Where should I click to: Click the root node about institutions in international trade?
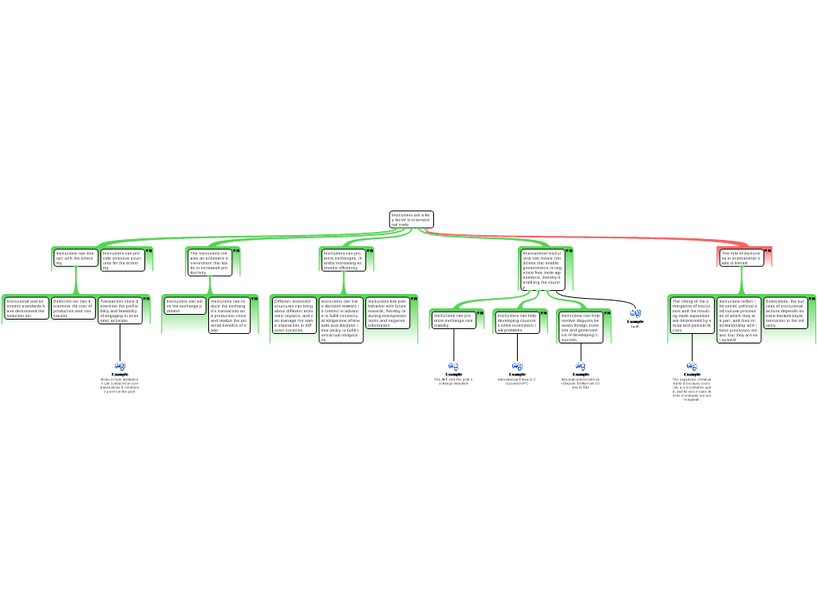pyautogui.click(x=411, y=219)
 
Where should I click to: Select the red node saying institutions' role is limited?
pyautogui.click(x=741, y=257)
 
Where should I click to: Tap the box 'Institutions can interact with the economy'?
pyautogui.click(x=76, y=257)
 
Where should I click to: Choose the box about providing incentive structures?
pyautogui.click(x=123, y=260)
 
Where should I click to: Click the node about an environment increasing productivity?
pyautogui.click(x=210, y=262)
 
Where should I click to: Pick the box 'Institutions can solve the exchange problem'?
pyautogui.click(x=185, y=305)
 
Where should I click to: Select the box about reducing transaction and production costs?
pyautogui.click(x=230, y=315)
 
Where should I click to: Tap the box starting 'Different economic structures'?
pyautogui.click(x=294, y=316)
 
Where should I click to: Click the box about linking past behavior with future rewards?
pyautogui.click(x=388, y=313)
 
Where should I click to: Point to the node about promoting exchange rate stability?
pyautogui.click(x=453, y=320)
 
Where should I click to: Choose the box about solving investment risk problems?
pyautogui.click(x=517, y=322)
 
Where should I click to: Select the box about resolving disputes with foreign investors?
pyautogui.click(x=580, y=327)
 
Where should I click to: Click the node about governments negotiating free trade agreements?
pyautogui.click(x=543, y=269)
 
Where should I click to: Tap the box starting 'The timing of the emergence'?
pyautogui.click(x=691, y=316)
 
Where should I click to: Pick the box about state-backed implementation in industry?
pyautogui.click(x=786, y=313)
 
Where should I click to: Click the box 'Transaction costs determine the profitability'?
pyautogui.click(x=120, y=310)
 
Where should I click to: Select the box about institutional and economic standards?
pyautogui.click(x=26, y=308)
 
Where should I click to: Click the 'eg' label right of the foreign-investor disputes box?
pyautogui.click(x=635, y=312)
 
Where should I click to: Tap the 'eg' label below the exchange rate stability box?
pyautogui.click(x=454, y=365)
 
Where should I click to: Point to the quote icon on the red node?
pyautogui.click(x=768, y=251)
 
